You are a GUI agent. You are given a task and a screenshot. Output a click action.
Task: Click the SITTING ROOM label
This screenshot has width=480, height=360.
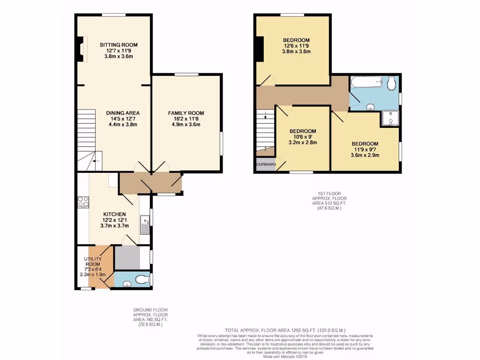pos(119,45)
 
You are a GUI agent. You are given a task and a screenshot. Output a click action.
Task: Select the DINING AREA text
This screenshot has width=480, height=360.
pos(122,113)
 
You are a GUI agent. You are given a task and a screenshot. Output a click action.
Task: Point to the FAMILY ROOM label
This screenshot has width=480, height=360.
pos(186,113)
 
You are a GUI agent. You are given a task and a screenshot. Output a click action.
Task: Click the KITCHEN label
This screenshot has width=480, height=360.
pos(114,214)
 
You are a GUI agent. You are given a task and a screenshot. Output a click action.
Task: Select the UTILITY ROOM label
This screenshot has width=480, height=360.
pos(93,262)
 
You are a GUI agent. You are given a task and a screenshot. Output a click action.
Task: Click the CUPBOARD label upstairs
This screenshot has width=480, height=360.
pos(266,165)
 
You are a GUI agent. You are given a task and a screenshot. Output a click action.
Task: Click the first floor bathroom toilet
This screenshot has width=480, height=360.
pos(392,84)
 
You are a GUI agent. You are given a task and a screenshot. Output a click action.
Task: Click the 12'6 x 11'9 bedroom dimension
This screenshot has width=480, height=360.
pos(296,46)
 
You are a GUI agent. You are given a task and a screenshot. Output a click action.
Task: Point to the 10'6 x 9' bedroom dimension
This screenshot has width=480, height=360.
pos(302,137)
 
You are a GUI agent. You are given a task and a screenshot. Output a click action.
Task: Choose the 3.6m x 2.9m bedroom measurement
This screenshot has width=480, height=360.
pos(365,155)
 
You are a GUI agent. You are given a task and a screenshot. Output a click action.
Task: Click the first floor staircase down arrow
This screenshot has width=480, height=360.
pos(265,114)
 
